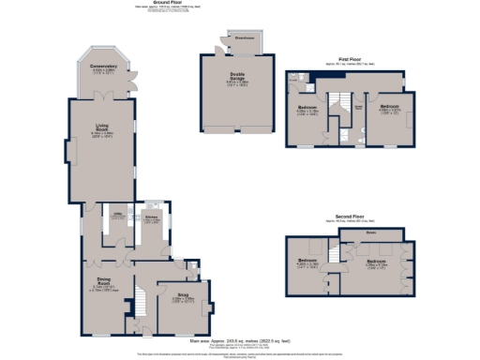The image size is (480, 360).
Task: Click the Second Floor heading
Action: [x=350, y=217]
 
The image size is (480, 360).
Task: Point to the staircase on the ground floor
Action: [x=140, y=303]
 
